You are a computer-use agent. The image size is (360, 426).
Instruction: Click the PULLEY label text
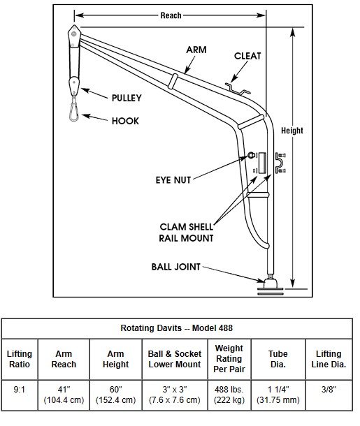coord(127,98)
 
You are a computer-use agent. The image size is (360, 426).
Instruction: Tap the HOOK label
coord(125,121)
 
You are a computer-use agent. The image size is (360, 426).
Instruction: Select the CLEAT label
coord(247,56)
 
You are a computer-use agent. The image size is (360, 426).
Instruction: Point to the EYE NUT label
coord(173,180)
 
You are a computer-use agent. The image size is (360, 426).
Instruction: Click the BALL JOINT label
coord(176,267)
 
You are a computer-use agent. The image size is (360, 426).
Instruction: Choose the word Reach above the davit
coord(171,15)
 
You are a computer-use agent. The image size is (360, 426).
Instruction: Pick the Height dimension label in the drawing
coord(292,131)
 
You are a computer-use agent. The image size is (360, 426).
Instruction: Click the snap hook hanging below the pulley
coord(74,109)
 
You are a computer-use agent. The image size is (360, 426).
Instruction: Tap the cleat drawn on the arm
coord(238,89)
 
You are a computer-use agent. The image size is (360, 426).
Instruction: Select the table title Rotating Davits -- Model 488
coord(177,328)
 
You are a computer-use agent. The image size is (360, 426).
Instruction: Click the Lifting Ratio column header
coord(20,359)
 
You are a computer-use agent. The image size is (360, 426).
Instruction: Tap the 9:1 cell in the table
coord(20,390)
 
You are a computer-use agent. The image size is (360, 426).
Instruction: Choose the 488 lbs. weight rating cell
coord(229,395)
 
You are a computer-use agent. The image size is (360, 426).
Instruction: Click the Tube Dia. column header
coord(278,359)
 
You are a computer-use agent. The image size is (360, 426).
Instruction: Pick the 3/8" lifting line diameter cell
coord(329,390)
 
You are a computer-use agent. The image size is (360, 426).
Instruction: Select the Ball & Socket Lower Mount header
coord(175,359)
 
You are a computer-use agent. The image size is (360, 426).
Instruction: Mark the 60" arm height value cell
coord(115,395)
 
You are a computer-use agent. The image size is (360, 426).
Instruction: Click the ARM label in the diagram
coord(196,50)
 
